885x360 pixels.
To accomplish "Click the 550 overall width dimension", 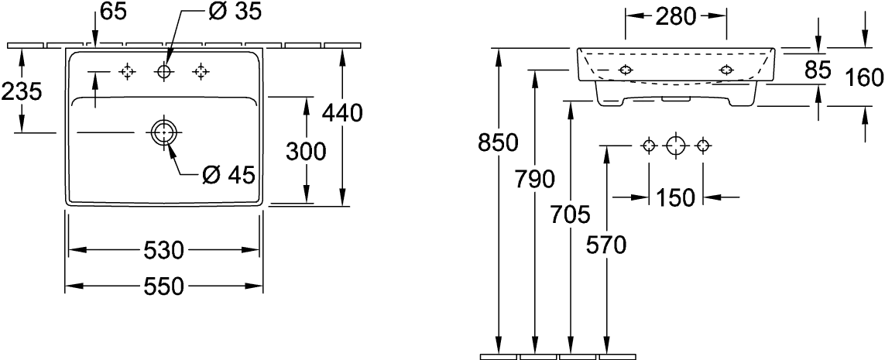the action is [x=163, y=287].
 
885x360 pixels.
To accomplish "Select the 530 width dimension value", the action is [x=163, y=250].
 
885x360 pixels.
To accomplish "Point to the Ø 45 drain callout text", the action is [x=228, y=176].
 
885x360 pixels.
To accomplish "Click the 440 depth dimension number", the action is [x=342, y=114].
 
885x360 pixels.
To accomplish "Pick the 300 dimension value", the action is [x=306, y=151].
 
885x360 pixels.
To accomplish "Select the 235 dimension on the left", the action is [x=22, y=91].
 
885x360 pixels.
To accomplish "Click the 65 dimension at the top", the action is [x=114, y=11].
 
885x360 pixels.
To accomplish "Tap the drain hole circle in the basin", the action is [x=163, y=132].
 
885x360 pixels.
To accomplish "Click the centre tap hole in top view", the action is [x=164, y=72].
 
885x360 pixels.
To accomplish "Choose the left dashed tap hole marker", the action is [x=127, y=72].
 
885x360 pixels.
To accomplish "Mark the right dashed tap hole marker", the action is [x=201, y=72].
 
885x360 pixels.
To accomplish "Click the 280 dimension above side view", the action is [x=676, y=17].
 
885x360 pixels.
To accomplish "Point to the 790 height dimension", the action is [x=534, y=179].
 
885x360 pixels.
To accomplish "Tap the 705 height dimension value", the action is [x=570, y=215].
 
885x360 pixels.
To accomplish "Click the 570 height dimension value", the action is [x=606, y=245].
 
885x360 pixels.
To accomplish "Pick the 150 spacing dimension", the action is [x=675, y=197].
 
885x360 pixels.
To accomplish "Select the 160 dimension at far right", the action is [x=863, y=78].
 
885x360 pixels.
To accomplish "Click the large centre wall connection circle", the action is [x=676, y=146].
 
